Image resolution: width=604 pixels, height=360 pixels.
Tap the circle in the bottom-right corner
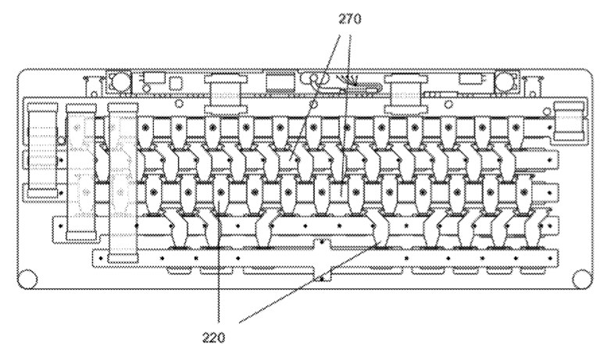[x=580, y=278]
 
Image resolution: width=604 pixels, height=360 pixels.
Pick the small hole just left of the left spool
[x=179, y=102]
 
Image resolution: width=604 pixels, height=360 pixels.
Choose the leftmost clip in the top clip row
[x=147, y=126]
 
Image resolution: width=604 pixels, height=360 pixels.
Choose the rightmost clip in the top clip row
[x=516, y=126]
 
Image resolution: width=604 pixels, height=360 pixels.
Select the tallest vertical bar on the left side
[x=121, y=180]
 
